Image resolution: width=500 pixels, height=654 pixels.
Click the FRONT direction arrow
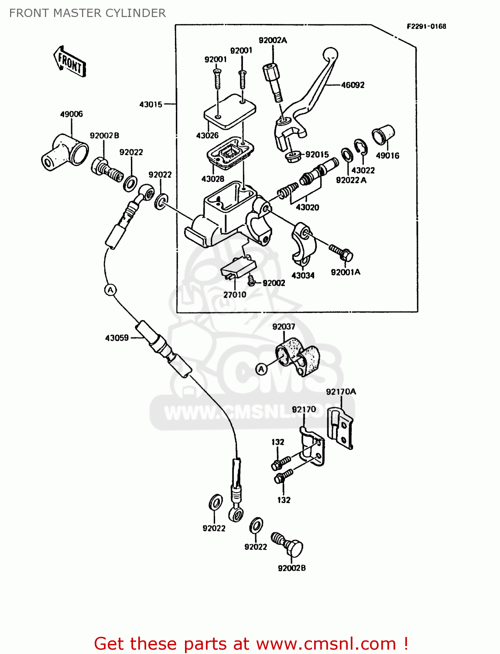pyautogui.click(x=70, y=61)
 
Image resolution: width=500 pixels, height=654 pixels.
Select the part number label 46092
pyautogui.click(x=353, y=85)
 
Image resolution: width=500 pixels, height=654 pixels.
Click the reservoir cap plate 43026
pyautogui.click(x=229, y=110)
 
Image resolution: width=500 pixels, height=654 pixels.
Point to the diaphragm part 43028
pyautogui.click(x=230, y=153)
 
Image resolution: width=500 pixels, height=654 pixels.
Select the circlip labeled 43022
pyautogui.click(x=360, y=147)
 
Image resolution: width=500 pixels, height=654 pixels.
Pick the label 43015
pyautogui.click(x=151, y=105)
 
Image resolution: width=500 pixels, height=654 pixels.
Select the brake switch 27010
pyautogui.click(x=238, y=266)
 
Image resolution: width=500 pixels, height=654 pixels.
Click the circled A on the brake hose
pyautogui.click(x=111, y=290)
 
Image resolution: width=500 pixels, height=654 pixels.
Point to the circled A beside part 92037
pyautogui.click(x=261, y=369)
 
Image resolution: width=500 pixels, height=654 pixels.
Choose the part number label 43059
pyautogui.click(x=117, y=338)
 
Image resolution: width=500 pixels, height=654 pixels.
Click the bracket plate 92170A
pyautogui.click(x=340, y=428)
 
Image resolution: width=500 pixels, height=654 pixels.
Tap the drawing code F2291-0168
pyautogui.click(x=426, y=26)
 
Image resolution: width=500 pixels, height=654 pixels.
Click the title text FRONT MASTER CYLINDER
pyautogui.click(x=87, y=13)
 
